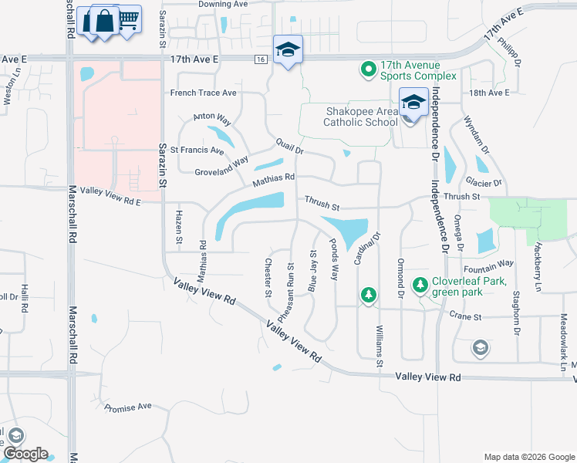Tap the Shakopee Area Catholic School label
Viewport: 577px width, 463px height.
(360, 117)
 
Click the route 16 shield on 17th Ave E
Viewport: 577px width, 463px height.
(262, 59)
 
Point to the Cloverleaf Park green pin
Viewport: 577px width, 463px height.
(420, 286)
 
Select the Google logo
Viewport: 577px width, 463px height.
(25, 454)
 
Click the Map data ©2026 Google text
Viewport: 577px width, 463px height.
(529, 457)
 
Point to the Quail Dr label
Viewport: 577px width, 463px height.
(289, 146)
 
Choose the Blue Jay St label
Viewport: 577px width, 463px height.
(313, 270)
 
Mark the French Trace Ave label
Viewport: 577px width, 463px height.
(204, 93)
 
